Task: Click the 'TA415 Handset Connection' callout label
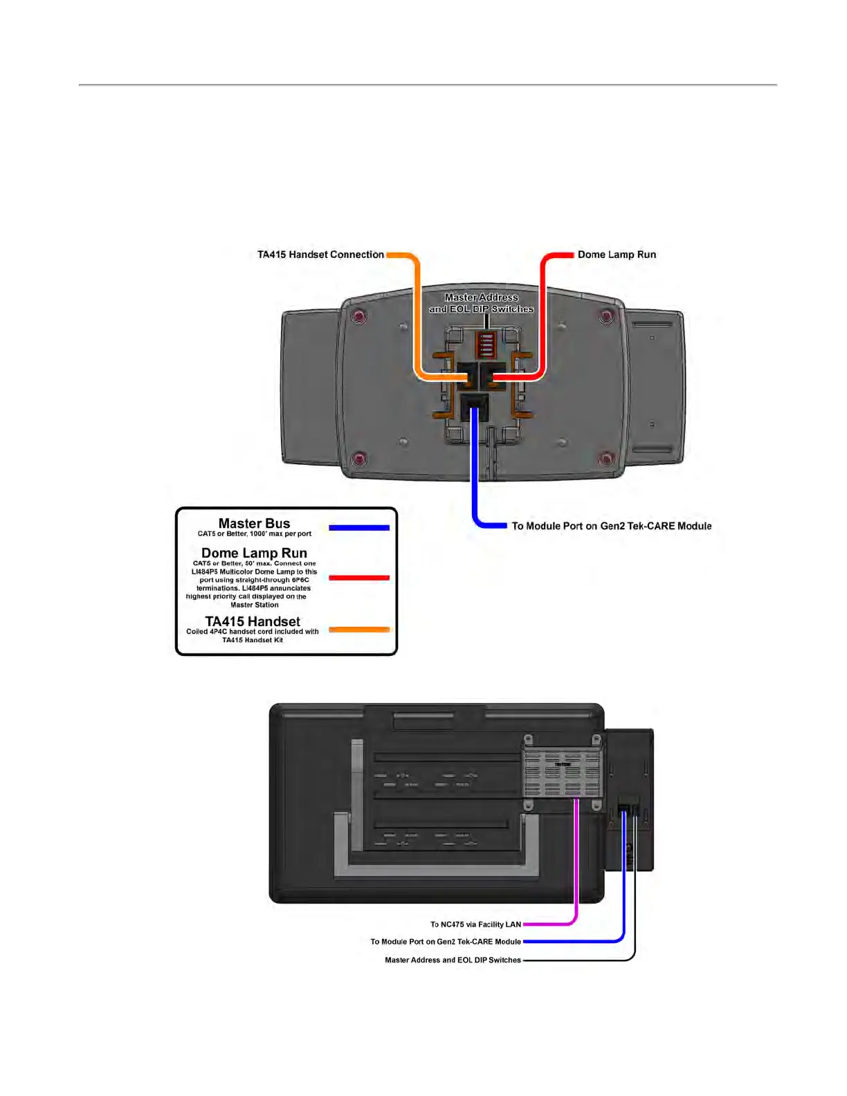(x=320, y=255)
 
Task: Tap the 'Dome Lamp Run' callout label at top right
(x=617, y=255)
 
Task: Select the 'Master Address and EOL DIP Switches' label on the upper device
(x=482, y=303)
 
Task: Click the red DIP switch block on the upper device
(x=486, y=343)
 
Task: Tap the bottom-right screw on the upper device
(x=606, y=459)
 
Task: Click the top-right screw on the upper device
(x=606, y=316)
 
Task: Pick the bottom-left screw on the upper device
(x=359, y=459)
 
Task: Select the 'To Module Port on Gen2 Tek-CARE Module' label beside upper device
(x=612, y=526)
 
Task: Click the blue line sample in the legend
(x=358, y=528)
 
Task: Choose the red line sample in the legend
(x=358, y=578)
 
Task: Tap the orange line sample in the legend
(x=358, y=630)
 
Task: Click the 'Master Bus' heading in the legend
(x=254, y=524)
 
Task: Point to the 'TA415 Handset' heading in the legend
(x=253, y=621)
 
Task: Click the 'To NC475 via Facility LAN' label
(x=475, y=924)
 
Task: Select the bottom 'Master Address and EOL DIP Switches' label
(x=453, y=960)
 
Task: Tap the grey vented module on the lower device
(x=562, y=773)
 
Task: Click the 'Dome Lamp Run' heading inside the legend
(x=254, y=553)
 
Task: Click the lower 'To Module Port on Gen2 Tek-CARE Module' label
(x=446, y=942)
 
